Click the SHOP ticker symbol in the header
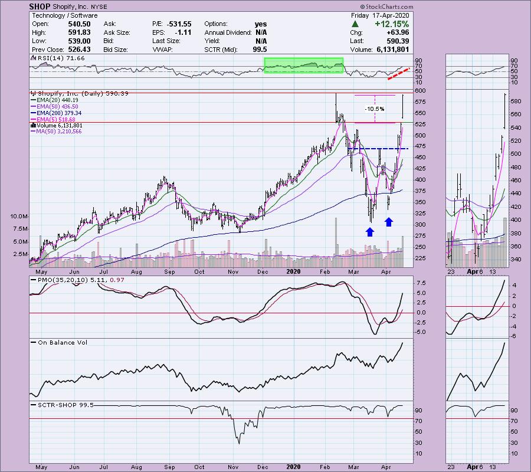40,6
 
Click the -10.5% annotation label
375,109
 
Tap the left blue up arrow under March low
370,232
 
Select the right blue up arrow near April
389,221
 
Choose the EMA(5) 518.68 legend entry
63,119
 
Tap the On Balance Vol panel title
58,342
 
